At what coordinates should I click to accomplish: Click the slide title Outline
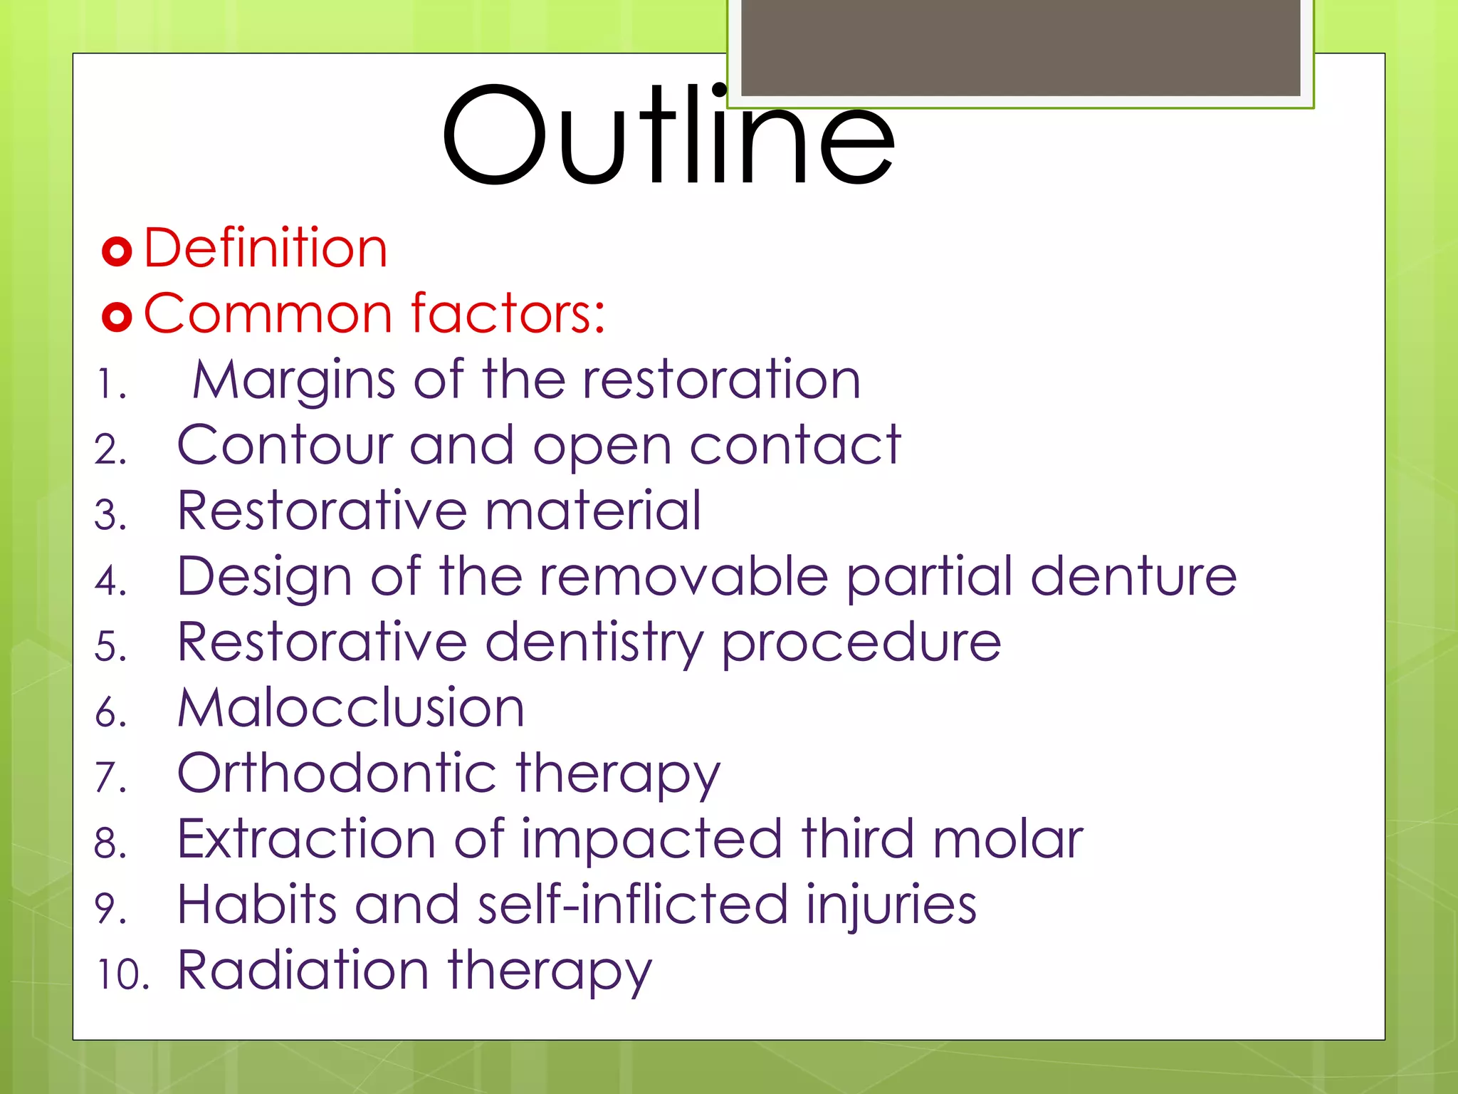(668, 135)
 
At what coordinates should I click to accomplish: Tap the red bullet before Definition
(117, 251)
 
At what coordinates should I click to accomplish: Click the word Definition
(266, 248)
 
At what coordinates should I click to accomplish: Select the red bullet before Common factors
(117, 316)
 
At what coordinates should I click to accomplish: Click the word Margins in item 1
(294, 380)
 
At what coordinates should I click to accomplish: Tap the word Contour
(285, 445)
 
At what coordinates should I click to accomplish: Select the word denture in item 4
(1133, 576)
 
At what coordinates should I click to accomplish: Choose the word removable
(683, 576)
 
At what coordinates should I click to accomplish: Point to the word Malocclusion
(350, 709)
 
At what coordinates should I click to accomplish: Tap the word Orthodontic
(337, 773)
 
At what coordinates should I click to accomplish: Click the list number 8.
(110, 843)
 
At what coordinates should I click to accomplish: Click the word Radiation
(303, 970)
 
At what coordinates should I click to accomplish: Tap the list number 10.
(122, 975)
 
